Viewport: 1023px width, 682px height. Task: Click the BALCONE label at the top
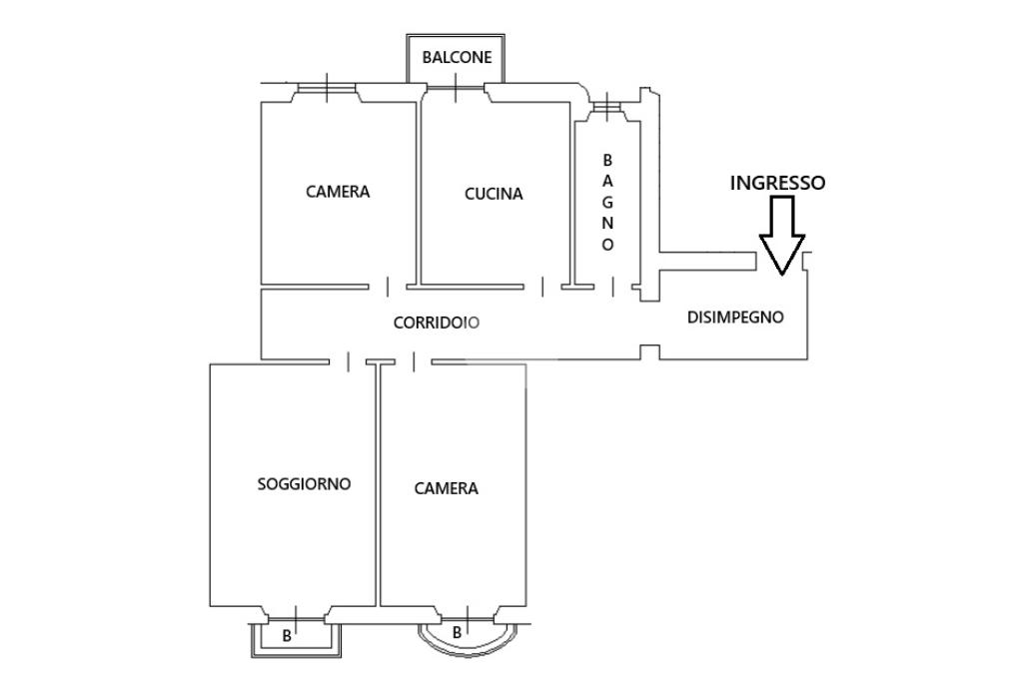[457, 57]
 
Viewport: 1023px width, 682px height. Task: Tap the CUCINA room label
[494, 194]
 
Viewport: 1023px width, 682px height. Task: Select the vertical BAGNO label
[607, 202]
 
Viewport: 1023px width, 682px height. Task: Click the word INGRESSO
[777, 183]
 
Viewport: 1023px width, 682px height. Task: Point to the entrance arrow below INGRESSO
[781, 235]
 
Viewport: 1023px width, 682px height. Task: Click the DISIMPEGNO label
[735, 318]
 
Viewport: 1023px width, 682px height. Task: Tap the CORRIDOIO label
[436, 323]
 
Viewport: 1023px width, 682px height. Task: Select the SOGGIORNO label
[304, 483]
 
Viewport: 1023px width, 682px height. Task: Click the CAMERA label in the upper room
[338, 192]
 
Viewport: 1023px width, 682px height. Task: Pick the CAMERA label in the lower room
[447, 488]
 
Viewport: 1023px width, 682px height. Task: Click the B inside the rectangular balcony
[287, 636]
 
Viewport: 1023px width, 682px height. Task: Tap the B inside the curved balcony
[457, 632]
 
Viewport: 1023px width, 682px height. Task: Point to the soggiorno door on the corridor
[348, 361]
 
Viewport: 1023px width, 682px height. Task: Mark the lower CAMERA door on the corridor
[414, 361]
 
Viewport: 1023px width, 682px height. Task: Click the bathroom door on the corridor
[612, 287]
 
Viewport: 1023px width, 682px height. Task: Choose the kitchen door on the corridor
[542, 287]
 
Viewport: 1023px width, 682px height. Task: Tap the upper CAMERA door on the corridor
[388, 287]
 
